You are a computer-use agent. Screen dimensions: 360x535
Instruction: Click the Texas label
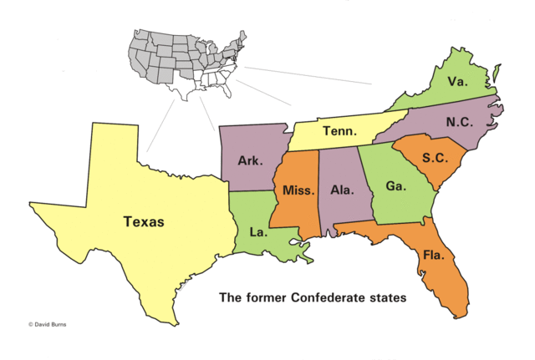tap(144, 222)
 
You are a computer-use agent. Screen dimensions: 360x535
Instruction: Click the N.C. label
tap(459, 122)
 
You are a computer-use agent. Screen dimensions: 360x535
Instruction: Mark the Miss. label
tap(298, 190)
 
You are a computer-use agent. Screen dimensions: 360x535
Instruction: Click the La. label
tap(258, 231)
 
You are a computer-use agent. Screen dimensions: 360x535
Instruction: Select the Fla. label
tap(434, 254)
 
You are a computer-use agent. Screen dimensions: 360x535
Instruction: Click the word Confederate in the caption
tap(329, 297)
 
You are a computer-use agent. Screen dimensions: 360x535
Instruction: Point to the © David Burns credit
tap(48, 322)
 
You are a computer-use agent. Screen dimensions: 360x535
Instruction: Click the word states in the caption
tap(389, 297)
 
